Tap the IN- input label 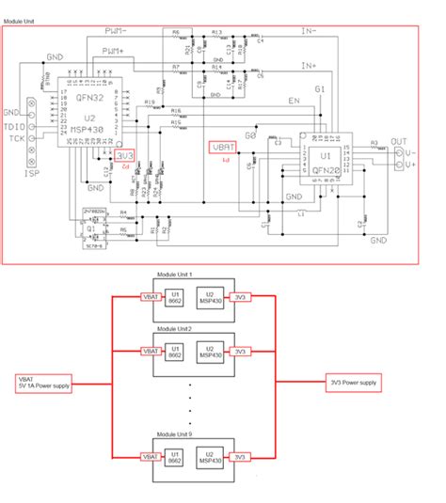(x=309, y=32)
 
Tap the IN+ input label (x=309, y=66)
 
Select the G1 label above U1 (x=320, y=89)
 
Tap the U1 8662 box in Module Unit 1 (x=175, y=298)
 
